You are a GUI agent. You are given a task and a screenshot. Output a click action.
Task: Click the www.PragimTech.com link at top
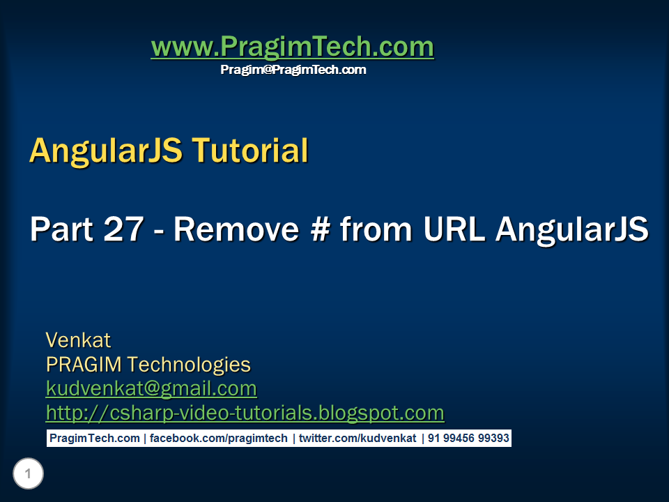(x=292, y=47)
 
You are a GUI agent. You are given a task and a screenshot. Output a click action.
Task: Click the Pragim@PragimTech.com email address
(x=293, y=70)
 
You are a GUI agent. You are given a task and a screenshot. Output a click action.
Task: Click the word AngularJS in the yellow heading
(x=105, y=151)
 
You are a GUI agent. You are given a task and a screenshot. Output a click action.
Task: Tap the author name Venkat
(x=78, y=340)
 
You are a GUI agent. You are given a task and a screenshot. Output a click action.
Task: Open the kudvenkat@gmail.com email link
(x=151, y=388)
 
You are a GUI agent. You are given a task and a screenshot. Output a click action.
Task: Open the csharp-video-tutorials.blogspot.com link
(x=245, y=413)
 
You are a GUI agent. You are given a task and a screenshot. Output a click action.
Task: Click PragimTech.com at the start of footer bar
(x=94, y=439)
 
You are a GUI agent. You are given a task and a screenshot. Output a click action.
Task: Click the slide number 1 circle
(x=28, y=475)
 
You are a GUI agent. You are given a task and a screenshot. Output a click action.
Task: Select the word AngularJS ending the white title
(x=572, y=229)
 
